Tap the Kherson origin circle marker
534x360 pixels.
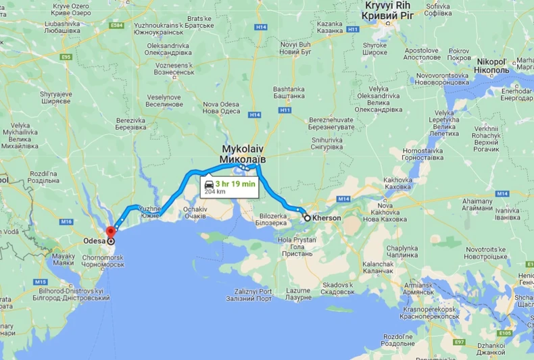click(307, 218)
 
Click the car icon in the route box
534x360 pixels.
click(209, 183)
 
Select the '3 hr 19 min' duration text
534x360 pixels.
click(236, 183)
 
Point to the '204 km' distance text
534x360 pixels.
click(215, 191)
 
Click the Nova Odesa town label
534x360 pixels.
click(222, 107)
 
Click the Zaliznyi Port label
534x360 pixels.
click(249, 294)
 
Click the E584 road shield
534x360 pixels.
click(116, 25)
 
